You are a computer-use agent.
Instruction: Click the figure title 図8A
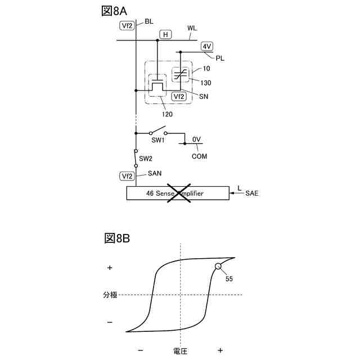pos(116,11)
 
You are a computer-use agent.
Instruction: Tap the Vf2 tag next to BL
pos(127,25)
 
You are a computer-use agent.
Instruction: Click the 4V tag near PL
pos(207,47)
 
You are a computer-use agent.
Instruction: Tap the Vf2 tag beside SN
pos(179,96)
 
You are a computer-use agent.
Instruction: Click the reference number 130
pos(206,83)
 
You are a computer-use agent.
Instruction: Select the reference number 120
pos(167,114)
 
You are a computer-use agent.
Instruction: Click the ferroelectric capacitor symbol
pos(181,74)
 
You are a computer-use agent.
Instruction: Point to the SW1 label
pos(157,140)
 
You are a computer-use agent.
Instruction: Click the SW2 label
pos(146,159)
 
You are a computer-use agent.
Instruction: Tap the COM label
pos(199,156)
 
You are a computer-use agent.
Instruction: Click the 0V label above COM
pos(196,139)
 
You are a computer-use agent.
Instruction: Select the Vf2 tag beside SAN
pos(127,176)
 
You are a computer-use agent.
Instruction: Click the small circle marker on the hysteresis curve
pos(218,267)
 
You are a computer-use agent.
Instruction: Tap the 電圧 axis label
pos(180,350)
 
